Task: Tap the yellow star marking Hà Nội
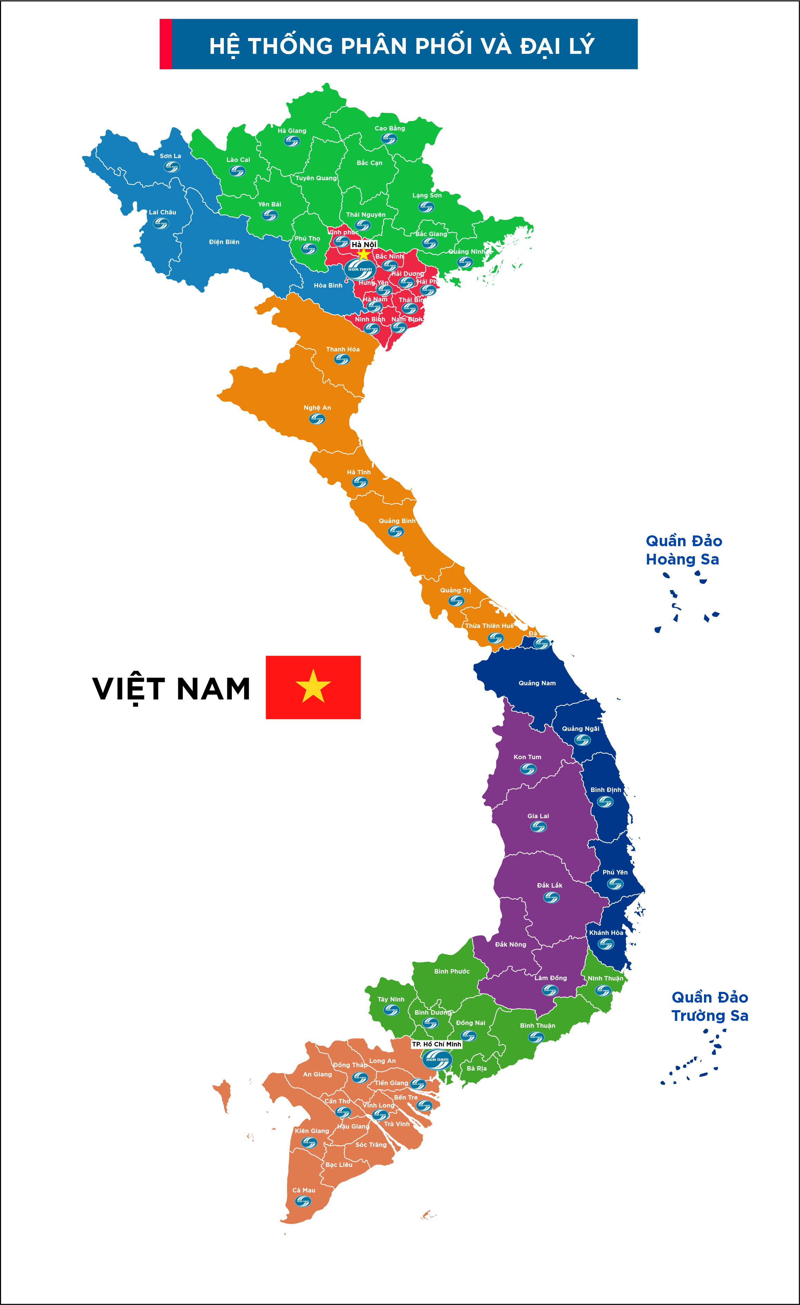(x=363, y=254)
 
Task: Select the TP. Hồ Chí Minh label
(x=437, y=1044)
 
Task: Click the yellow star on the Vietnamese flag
(x=313, y=686)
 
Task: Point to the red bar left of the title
(x=166, y=44)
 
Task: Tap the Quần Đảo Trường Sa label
(x=710, y=1006)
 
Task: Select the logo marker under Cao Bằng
(x=389, y=139)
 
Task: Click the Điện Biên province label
(x=224, y=242)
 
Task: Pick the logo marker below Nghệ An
(x=317, y=419)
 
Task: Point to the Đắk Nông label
(x=511, y=944)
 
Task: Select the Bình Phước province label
(x=452, y=971)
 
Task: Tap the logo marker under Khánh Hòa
(x=606, y=944)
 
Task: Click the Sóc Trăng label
(x=371, y=1144)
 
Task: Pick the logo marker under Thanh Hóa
(x=342, y=360)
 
